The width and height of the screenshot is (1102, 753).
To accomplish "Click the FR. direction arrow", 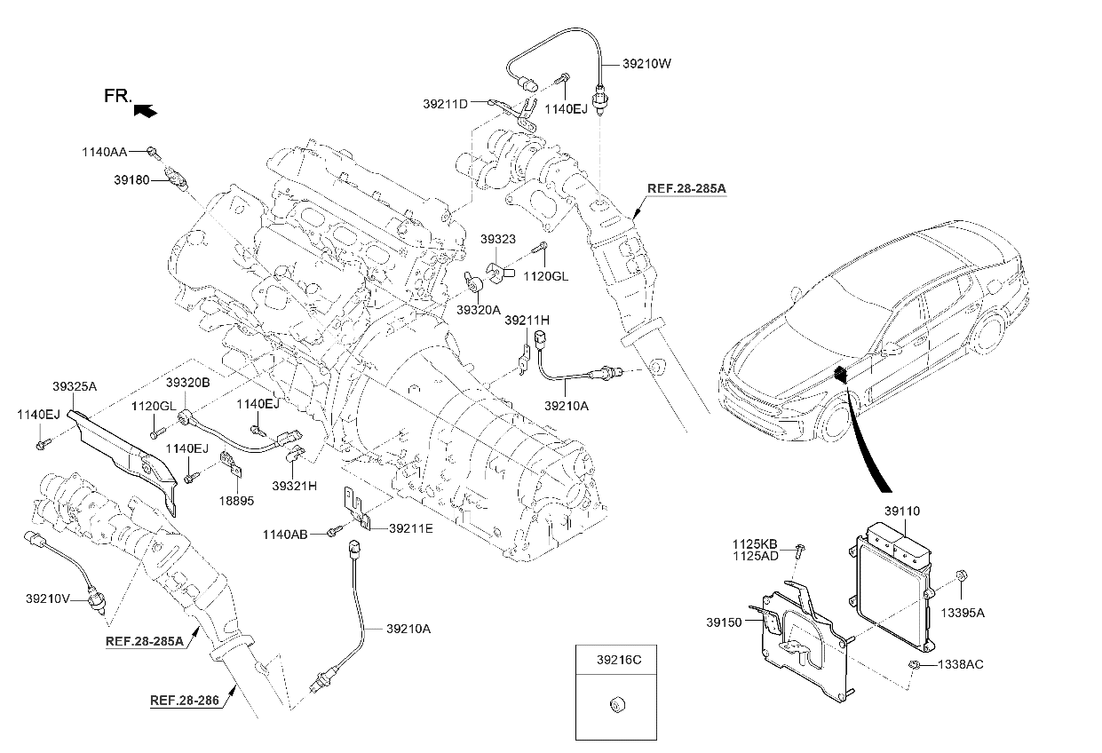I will [145, 110].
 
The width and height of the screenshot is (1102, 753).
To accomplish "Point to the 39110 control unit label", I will [901, 511].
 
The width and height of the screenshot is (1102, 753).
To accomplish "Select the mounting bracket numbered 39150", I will [804, 635].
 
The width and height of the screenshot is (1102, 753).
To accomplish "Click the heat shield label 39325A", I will [75, 386].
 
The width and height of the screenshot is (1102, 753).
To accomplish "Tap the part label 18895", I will [237, 501].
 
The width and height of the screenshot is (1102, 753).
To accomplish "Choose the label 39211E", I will [410, 528].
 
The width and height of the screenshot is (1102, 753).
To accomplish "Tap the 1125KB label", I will [755, 543].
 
